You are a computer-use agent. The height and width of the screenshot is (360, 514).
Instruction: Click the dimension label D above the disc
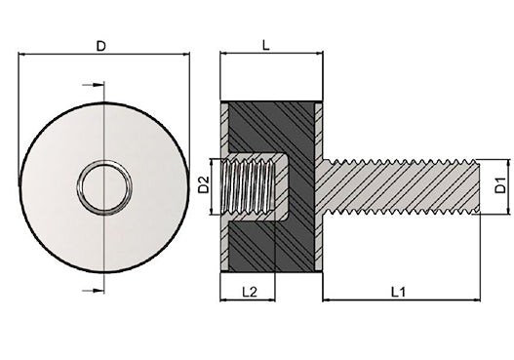click(101, 46)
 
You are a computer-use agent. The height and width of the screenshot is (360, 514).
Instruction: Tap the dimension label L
click(266, 45)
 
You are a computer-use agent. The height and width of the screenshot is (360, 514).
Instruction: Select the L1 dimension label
click(399, 292)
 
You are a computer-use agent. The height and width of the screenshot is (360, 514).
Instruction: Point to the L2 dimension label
click(249, 292)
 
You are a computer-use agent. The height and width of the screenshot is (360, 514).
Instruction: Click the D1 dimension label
click(500, 185)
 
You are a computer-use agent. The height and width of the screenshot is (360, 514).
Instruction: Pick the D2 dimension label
click(204, 185)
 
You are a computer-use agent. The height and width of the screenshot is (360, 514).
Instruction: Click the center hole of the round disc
click(104, 187)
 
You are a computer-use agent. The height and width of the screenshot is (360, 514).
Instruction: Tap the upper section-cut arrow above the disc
click(93, 85)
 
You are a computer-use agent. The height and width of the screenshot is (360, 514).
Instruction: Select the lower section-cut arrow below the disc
click(93, 290)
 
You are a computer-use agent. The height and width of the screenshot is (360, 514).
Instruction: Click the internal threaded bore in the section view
click(248, 187)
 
